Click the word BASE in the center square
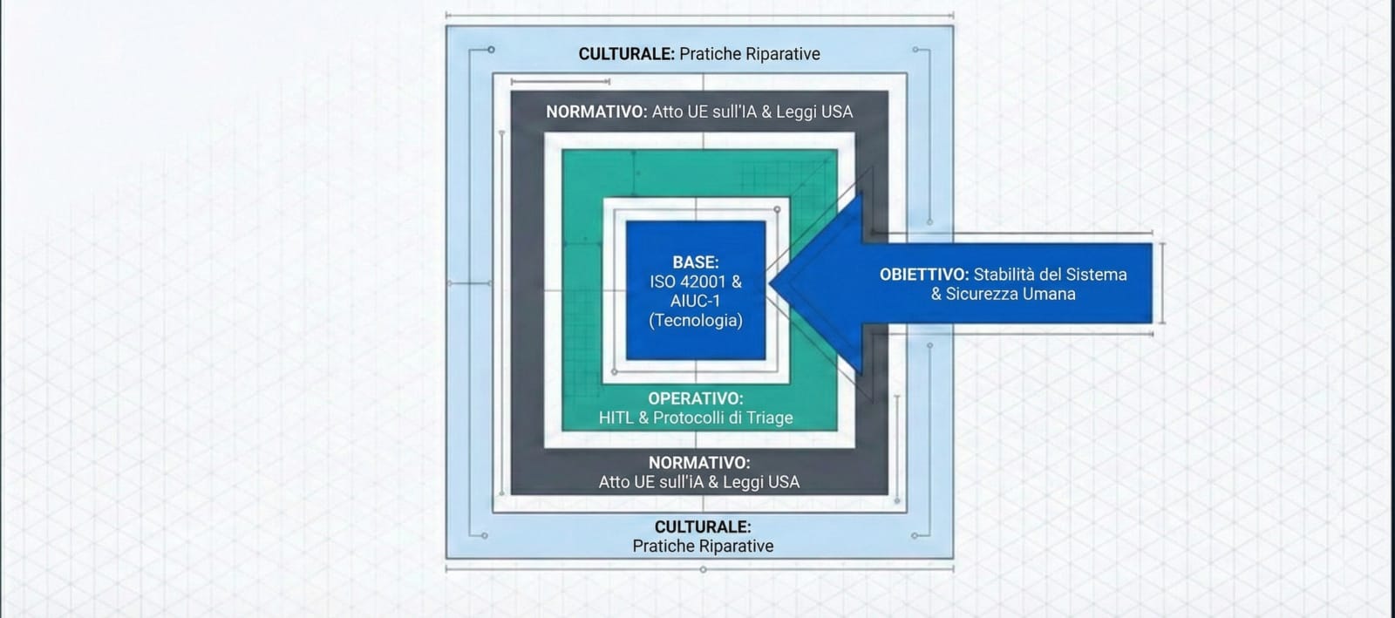point(694,262)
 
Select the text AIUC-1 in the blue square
point(695,302)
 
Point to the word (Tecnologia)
point(696,321)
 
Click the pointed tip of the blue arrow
point(771,283)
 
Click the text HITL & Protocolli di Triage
point(696,418)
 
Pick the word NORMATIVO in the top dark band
point(595,112)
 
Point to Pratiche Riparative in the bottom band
point(703,547)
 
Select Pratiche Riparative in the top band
point(750,54)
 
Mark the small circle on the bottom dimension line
point(703,569)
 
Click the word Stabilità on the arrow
point(1004,275)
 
